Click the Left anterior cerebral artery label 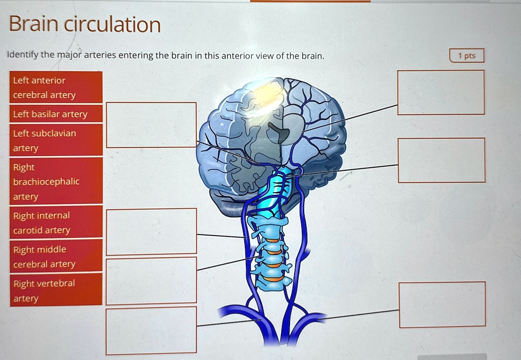coord(56,87)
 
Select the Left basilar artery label coord(56,114)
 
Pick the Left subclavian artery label coord(56,140)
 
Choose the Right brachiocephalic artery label coord(56,182)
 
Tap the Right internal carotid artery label coord(56,223)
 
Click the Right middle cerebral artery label coord(56,257)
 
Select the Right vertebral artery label coord(56,290)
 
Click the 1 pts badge coord(467,56)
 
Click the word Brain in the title coord(33,24)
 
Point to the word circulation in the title coord(112,24)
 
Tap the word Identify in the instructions coord(23,55)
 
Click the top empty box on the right coord(441,92)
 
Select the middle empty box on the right coord(441,160)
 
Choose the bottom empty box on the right coord(442,304)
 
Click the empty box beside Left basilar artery coord(151,125)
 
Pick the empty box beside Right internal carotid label coord(151,231)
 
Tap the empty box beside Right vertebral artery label coord(151,280)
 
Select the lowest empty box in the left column coord(151,330)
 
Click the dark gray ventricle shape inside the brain coord(279,133)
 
